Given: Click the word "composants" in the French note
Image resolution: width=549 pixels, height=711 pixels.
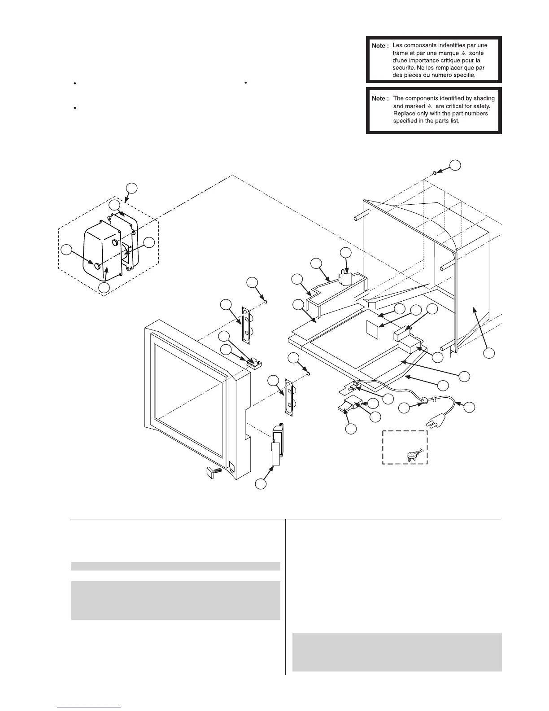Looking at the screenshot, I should (x=419, y=45).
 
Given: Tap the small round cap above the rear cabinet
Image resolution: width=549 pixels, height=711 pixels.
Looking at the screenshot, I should (x=435, y=173).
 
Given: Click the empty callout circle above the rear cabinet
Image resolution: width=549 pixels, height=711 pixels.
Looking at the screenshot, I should (x=455, y=165).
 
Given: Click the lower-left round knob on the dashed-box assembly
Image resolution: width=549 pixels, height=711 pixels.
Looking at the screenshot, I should (x=97, y=265).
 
